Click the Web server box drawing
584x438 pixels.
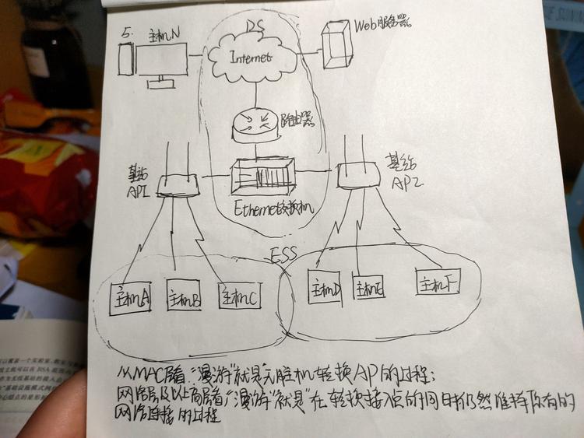(x=337, y=44)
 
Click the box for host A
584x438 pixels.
(x=130, y=298)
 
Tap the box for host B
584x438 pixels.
(x=185, y=296)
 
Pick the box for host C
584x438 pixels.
(x=238, y=295)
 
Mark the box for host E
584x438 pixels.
(x=371, y=287)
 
